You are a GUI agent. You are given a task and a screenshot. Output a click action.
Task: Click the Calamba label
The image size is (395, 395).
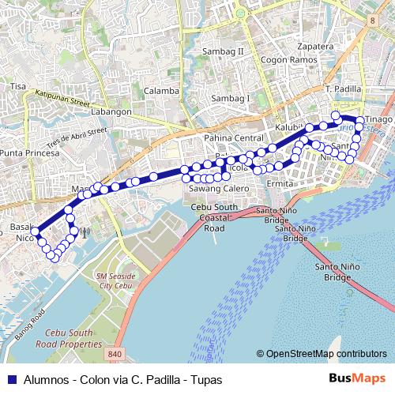tap(161, 91)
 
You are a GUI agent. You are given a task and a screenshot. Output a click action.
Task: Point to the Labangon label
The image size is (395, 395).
tap(111, 112)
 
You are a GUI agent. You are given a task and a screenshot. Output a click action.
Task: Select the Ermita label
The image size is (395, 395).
tap(280, 183)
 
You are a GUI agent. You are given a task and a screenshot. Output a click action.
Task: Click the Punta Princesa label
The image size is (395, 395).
tap(29, 152)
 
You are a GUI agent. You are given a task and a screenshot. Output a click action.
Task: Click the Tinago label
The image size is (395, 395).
tap(378, 119)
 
